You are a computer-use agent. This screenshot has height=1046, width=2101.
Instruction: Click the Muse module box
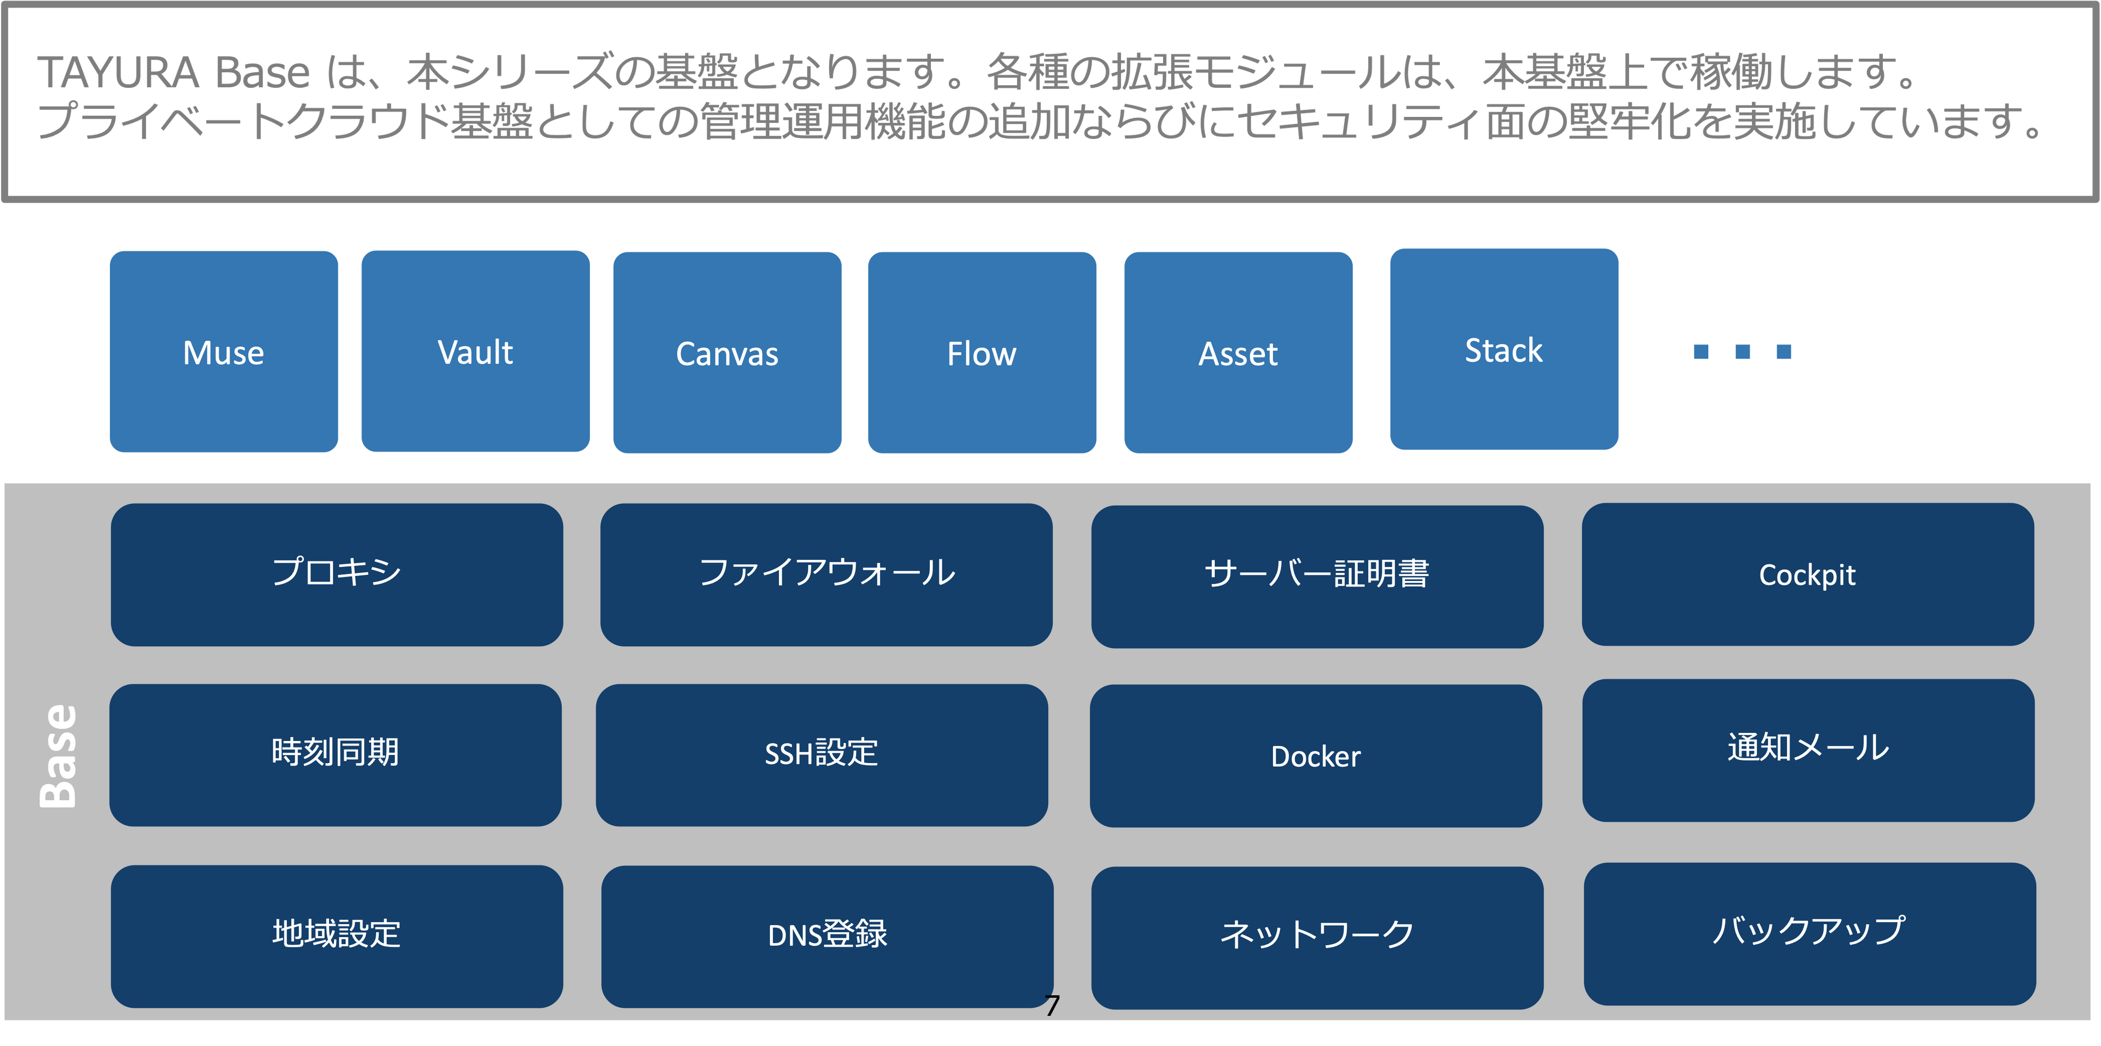coord(224,352)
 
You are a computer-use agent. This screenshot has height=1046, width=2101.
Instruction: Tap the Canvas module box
coord(727,352)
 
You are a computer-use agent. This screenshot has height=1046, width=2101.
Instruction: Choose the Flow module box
coord(982,352)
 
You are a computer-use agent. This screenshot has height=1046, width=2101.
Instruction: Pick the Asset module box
coord(1238,352)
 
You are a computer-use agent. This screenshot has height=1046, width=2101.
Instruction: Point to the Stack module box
coord(1504,349)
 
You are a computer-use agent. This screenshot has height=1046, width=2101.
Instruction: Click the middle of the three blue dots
coord(1742,352)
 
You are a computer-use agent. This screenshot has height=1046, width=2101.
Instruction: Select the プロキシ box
coord(337,574)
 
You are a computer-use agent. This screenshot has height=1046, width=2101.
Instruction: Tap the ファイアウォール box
coord(826,574)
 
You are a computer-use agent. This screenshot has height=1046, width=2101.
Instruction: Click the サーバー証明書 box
coord(1317,576)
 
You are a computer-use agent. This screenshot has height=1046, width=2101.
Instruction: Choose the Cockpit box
coord(1807,574)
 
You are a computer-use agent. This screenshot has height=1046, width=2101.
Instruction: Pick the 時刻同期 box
coord(335,754)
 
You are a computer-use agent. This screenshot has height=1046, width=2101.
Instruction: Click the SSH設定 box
coord(822,754)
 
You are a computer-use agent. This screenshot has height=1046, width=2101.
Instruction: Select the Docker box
coord(1316,756)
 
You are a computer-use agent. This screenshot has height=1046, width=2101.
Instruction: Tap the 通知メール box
coord(1808,750)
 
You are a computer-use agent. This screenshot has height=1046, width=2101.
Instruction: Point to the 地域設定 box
coord(337,936)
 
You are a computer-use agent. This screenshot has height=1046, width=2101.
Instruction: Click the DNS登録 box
coord(827,936)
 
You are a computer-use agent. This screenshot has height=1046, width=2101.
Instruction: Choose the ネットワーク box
coord(1317,938)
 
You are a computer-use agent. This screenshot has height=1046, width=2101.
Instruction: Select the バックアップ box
coord(1809,933)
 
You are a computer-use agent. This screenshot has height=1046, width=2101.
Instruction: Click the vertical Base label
coord(59,756)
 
